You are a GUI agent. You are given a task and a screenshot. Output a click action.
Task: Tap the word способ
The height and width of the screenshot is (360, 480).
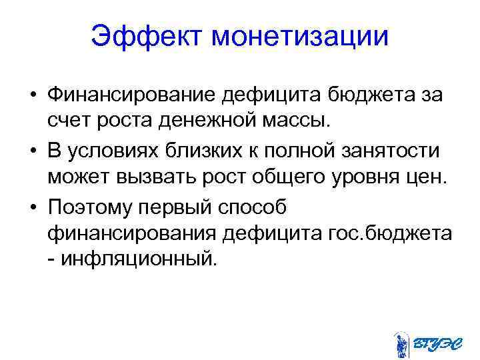pyautogui.click(x=249, y=207)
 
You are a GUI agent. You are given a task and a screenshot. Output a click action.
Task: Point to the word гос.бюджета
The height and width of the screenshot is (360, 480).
pyautogui.click(x=391, y=235)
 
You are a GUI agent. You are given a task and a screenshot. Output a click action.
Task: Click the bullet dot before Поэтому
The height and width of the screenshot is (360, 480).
pyautogui.click(x=32, y=207)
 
